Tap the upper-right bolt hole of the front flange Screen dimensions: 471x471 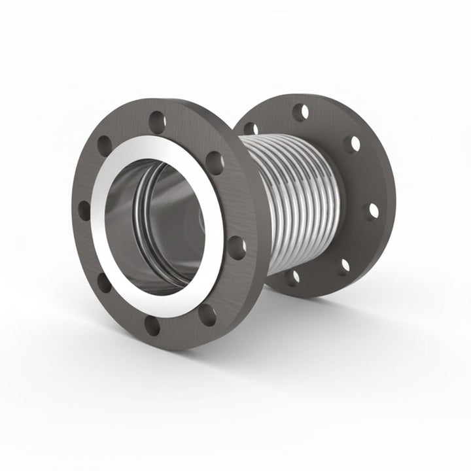pos(215,162)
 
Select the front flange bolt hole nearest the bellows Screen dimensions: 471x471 pos(237,247)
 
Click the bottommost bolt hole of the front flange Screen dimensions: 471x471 pos(152,325)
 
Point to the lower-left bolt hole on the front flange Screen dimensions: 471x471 pos(104,283)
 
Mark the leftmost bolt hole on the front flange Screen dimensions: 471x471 pos(84,211)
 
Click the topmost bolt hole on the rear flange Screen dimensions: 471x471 pos(300,112)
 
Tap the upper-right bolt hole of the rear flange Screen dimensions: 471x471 pos(353,143)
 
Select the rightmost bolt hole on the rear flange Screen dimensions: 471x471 pos(372,211)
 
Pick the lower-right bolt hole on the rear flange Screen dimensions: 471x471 pos(343,266)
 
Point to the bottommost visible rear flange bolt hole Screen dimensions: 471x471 pos(292,277)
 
